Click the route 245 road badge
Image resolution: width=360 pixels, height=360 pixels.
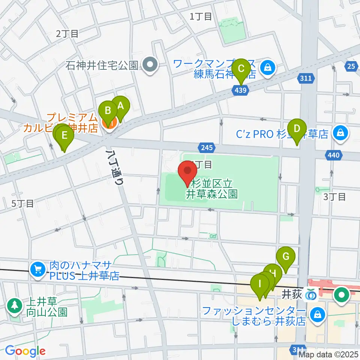(207, 148)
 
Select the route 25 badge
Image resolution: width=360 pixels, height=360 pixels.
(351, 67)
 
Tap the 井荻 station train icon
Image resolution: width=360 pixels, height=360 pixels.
(310, 295)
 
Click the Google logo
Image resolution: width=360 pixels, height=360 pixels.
(25, 351)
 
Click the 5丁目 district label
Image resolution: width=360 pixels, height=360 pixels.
(22, 204)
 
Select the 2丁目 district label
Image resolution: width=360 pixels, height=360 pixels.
(67, 33)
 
